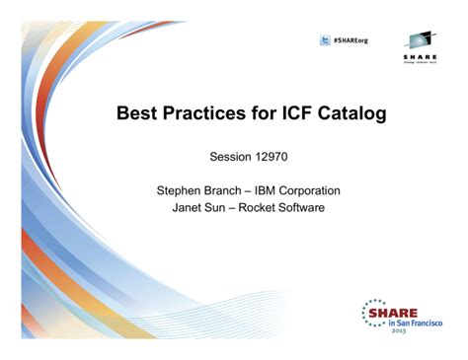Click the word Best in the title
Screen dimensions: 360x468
tap(140, 114)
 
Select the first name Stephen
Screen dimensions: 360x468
tap(185, 190)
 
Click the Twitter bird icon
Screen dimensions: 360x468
tap(325, 40)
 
